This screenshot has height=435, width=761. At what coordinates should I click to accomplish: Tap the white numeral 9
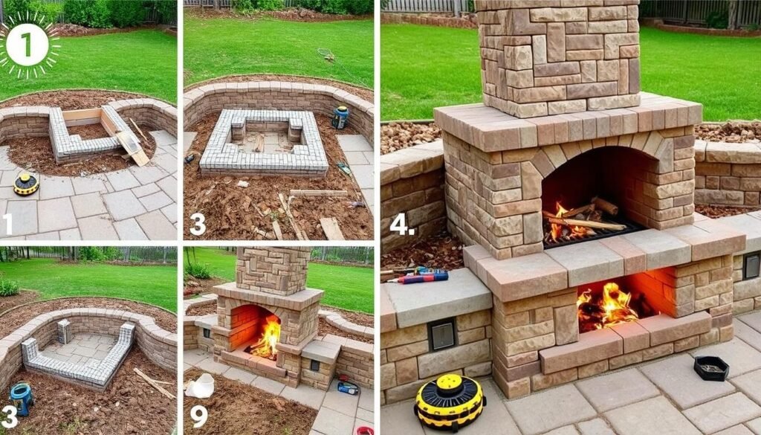point(198,415)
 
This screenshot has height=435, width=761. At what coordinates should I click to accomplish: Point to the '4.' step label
point(402,224)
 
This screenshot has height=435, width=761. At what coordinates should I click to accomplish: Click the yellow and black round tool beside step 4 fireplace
point(449,402)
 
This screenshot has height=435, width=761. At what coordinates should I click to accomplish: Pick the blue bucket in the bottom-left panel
point(22,398)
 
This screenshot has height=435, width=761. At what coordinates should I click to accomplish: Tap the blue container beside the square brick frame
point(340,117)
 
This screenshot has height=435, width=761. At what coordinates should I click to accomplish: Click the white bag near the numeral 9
point(201,385)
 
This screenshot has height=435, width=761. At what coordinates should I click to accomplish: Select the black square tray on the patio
point(710,367)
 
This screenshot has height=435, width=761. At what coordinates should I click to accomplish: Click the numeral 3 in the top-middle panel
point(197,224)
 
